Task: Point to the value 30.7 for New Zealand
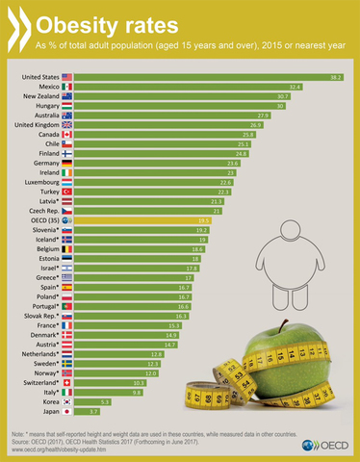[x=283, y=96]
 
